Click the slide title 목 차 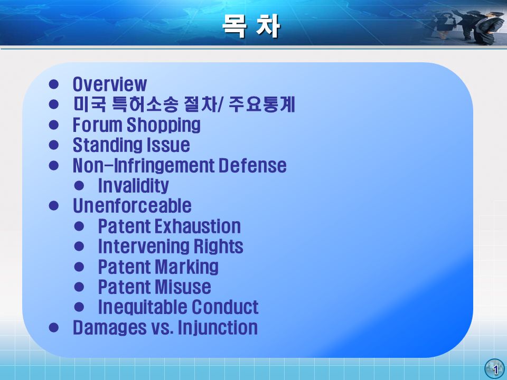click(x=251, y=26)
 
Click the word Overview click(x=110, y=84)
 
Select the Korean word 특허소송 click(x=145, y=104)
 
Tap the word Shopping click(x=164, y=125)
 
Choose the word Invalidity click(x=133, y=185)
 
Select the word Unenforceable click(x=132, y=206)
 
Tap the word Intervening click(x=144, y=246)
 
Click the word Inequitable click(x=142, y=307)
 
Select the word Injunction click(x=218, y=327)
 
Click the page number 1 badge click(x=495, y=369)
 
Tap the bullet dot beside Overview click(x=54, y=84)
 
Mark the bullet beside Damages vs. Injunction click(x=54, y=327)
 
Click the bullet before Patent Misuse click(x=79, y=287)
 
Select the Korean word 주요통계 click(x=261, y=104)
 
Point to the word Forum click(x=97, y=125)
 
